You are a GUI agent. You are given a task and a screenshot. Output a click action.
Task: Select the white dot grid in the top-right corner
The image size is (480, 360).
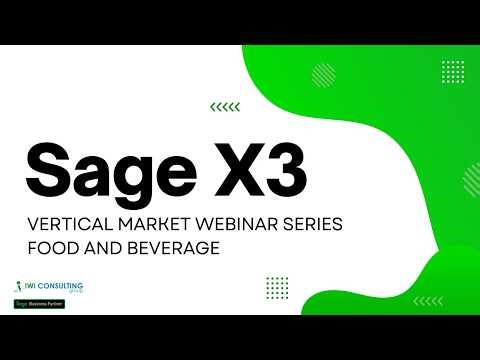tap(452, 72)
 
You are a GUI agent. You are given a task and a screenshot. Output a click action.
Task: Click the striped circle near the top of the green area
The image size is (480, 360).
tap(323, 75)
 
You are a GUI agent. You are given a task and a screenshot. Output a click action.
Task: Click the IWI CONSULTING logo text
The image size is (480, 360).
tap(61, 288)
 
